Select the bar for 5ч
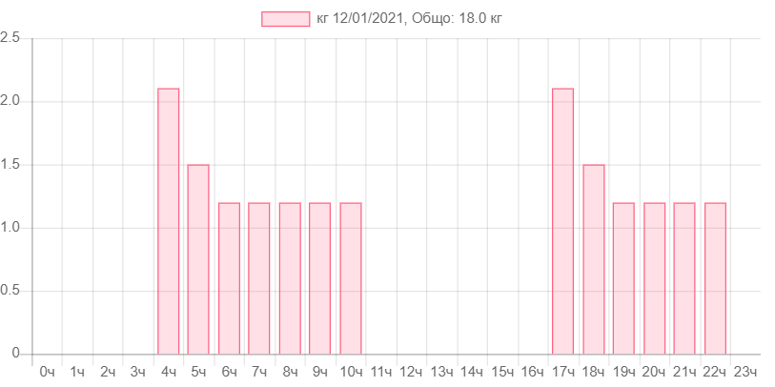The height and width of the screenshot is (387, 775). (x=198, y=258)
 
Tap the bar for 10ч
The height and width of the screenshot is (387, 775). (x=351, y=277)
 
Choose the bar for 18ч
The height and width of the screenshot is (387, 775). (x=593, y=258)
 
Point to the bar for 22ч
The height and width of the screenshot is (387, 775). (x=715, y=277)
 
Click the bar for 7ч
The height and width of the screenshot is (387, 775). (x=259, y=277)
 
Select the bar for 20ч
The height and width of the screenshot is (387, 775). (x=654, y=277)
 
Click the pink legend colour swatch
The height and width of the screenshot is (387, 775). (x=285, y=19)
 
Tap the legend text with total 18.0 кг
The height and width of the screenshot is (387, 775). (x=409, y=19)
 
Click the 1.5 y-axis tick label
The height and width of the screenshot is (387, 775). (x=10, y=164)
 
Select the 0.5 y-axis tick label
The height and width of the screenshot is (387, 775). (x=10, y=290)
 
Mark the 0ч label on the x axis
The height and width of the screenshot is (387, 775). (x=47, y=371)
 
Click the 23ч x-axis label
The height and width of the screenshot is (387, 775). (x=744, y=371)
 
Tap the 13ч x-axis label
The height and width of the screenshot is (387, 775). (x=441, y=371)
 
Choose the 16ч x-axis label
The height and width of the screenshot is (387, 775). (x=532, y=371)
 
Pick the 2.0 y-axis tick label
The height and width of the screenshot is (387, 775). (x=10, y=100)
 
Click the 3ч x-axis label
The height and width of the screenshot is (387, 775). (x=137, y=371)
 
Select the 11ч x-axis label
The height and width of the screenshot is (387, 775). (x=380, y=371)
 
